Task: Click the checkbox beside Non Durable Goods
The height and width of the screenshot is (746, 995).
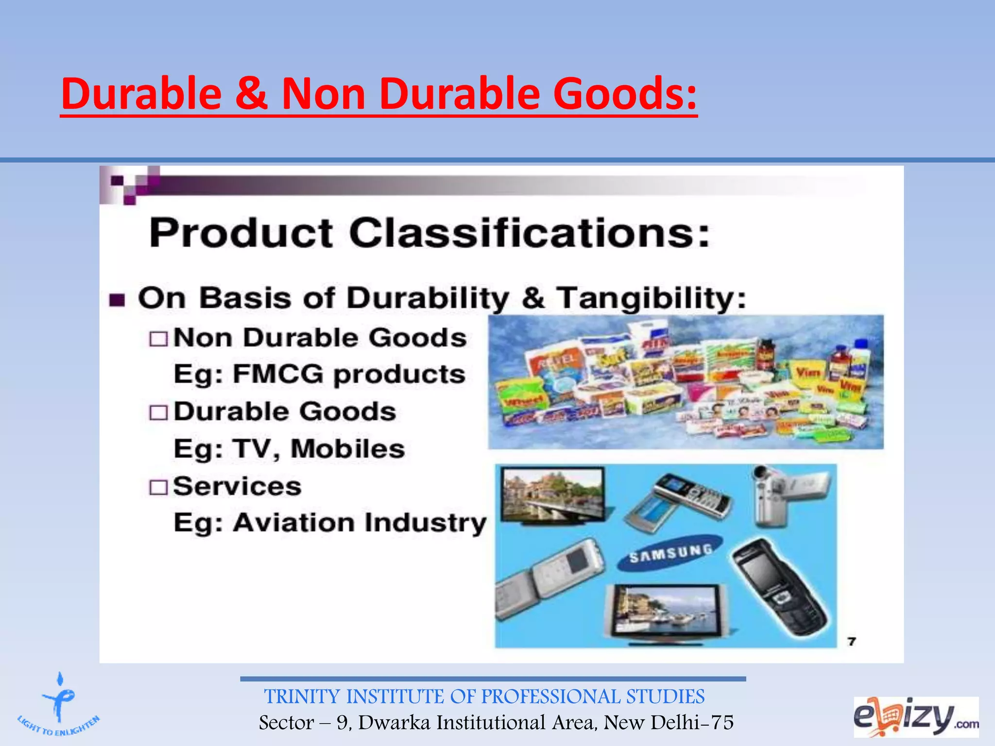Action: point(158,339)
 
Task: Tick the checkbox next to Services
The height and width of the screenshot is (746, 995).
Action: point(158,487)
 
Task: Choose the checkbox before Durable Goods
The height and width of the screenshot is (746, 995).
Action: point(158,413)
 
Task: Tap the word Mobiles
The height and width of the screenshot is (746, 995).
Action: point(347,449)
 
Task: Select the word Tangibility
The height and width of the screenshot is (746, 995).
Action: point(651,298)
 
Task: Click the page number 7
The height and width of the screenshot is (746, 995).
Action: point(851,642)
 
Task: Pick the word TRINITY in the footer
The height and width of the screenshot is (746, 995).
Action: point(302,697)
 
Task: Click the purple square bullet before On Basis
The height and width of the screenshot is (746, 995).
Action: point(117,300)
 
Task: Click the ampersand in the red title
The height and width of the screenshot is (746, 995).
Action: point(251,93)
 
